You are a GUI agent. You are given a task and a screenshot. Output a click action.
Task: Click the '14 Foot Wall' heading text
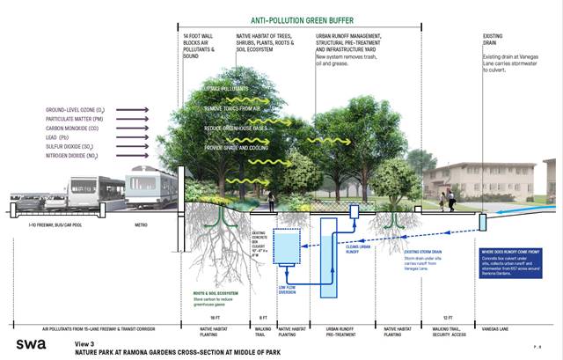point(193,36)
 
